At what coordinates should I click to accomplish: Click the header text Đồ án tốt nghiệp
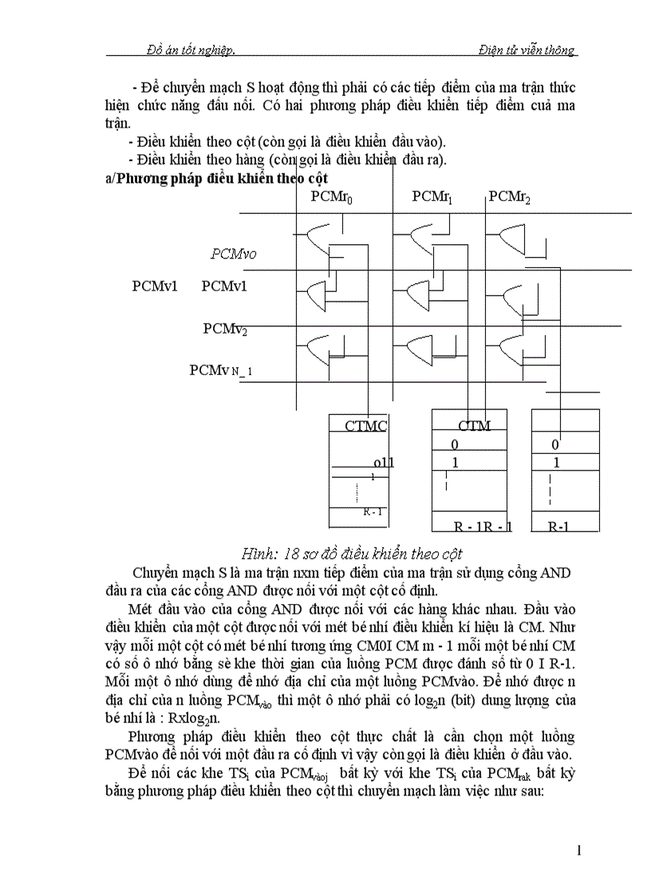pyautogui.click(x=191, y=50)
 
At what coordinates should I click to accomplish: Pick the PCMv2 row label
pyautogui.click(x=225, y=329)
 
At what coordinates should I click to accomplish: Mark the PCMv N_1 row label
pyautogui.click(x=221, y=370)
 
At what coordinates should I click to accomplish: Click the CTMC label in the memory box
pyautogui.click(x=365, y=426)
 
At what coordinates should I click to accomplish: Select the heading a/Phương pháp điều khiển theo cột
pyautogui.click(x=216, y=179)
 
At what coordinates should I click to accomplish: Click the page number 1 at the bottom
pyautogui.click(x=579, y=851)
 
